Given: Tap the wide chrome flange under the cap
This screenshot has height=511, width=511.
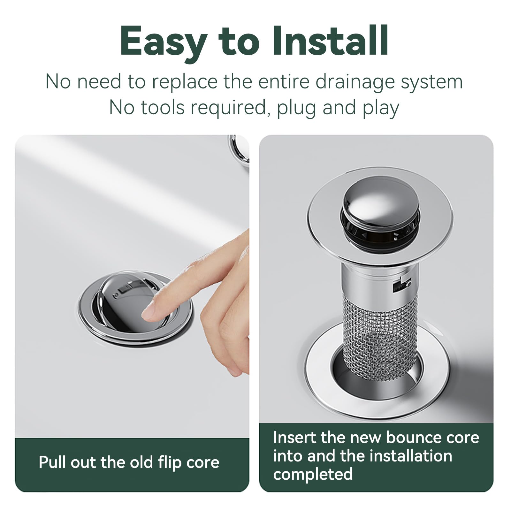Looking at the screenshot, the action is tap(380, 217).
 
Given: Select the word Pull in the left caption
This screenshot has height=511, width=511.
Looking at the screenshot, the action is tap(53, 462).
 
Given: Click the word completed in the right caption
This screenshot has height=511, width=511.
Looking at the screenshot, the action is tap(313, 475).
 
